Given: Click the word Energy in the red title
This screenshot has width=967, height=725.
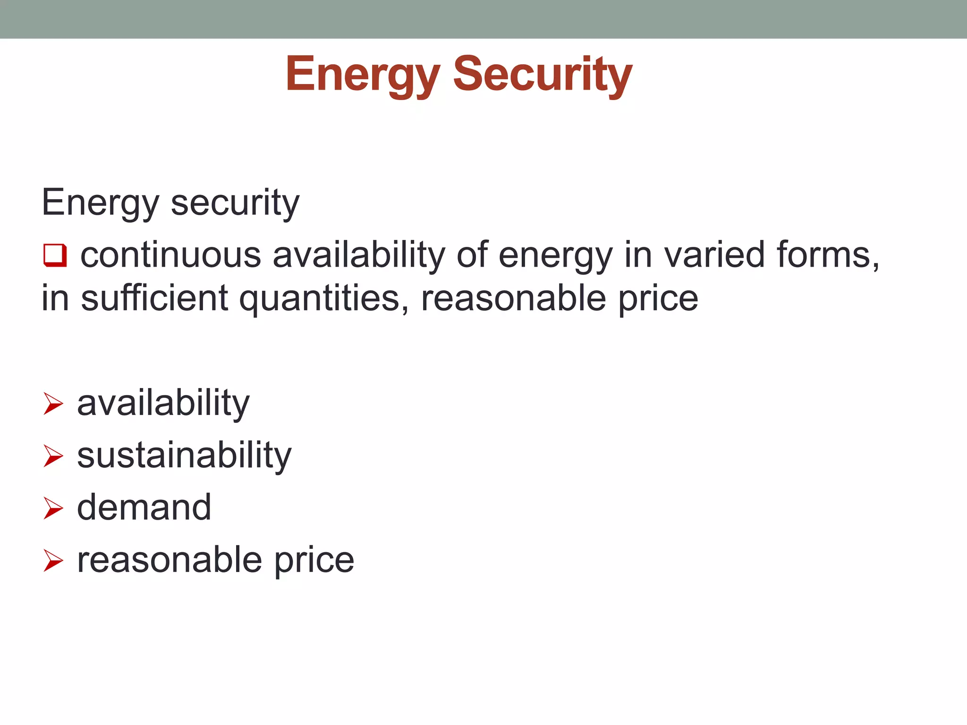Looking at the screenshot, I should [x=363, y=75].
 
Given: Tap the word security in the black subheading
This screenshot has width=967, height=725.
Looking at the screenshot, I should [x=235, y=203].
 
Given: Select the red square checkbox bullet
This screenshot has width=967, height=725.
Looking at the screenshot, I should [x=55, y=255].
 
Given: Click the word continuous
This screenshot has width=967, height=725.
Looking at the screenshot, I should [x=170, y=255].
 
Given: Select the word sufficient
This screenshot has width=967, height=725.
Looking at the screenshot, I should [x=155, y=299].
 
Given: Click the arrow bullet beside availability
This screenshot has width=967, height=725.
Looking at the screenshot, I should [x=53, y=404].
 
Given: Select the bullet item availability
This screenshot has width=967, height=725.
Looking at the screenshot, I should [x=163, y=404].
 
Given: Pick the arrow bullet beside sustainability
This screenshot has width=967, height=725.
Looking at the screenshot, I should [x=53, y=456].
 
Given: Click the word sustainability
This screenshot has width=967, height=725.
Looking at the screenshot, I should [x=184, y=456].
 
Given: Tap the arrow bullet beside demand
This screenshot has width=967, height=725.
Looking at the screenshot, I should [x=53, y=508].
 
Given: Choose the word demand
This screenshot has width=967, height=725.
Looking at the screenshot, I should [x=144, y=508].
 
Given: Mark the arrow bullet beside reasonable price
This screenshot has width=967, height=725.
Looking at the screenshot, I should [x=53, y=561].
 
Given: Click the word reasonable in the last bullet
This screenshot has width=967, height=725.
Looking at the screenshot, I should [x=169, y=561].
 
